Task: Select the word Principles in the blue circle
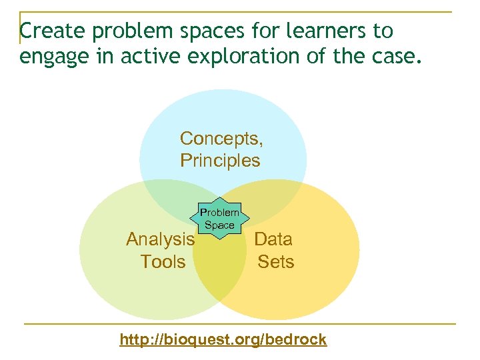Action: (220, 160)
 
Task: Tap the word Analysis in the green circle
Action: (161, 239)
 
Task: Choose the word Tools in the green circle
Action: (163, 261)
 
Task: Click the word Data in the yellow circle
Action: (273, 239)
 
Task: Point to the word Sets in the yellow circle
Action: (276, 261)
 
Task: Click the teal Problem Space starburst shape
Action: (219, 218)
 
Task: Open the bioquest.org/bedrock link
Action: (223, 339)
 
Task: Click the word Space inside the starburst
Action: (219, 225)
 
